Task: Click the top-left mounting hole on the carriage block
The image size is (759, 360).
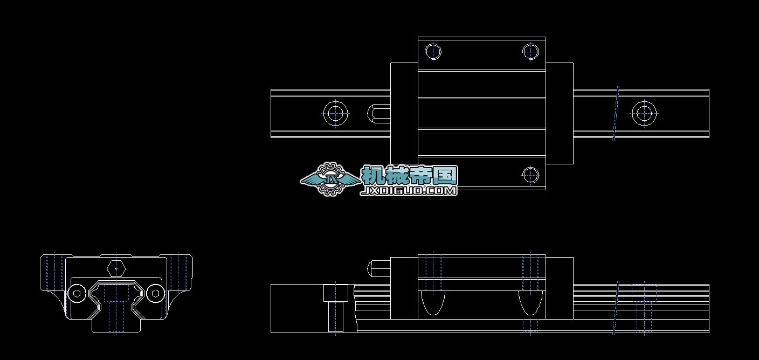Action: (433, 52)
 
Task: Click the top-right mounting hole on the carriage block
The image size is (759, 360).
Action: (530, 52)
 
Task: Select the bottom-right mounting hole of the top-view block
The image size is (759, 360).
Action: (530, 174)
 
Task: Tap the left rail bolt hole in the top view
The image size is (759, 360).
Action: (335, 113)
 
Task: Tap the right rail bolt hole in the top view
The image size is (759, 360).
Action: (644, 113)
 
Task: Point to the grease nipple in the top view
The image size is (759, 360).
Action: (378, 113)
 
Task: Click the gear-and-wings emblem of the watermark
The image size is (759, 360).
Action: (330, 179)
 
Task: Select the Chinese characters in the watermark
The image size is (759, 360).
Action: (410, 175)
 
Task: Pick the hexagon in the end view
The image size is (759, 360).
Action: (116, 268)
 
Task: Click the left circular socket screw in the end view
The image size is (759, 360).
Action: (77, 293)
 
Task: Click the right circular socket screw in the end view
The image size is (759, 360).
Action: (156, 293)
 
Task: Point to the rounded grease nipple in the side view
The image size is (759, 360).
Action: (378, 267)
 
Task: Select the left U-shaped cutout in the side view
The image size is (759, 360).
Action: (433, 302)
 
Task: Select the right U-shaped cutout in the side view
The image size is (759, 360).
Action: (530, 302)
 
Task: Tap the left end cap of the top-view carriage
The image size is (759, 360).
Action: (404, 113)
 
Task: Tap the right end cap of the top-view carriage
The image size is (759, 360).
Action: (560, 113)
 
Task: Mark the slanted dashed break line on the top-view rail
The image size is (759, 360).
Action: (616, 113)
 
